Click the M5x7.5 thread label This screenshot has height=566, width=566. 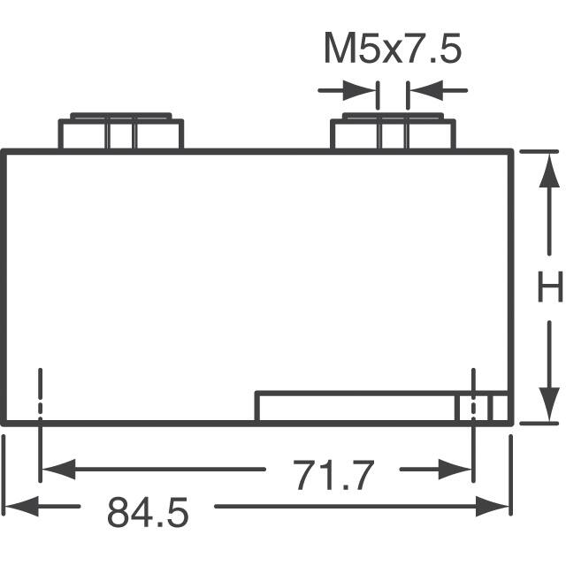pyautogui.click(x=392, y=50)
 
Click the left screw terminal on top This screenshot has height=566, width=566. pyautogui.click(x=120, y=133)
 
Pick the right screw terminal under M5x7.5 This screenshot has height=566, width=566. pyautogui.click(x=392, y=133)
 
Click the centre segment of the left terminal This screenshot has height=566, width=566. pyautogui.click(x=120, y=135)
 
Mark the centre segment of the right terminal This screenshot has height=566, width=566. pyautogui.click(x=392, y=135)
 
